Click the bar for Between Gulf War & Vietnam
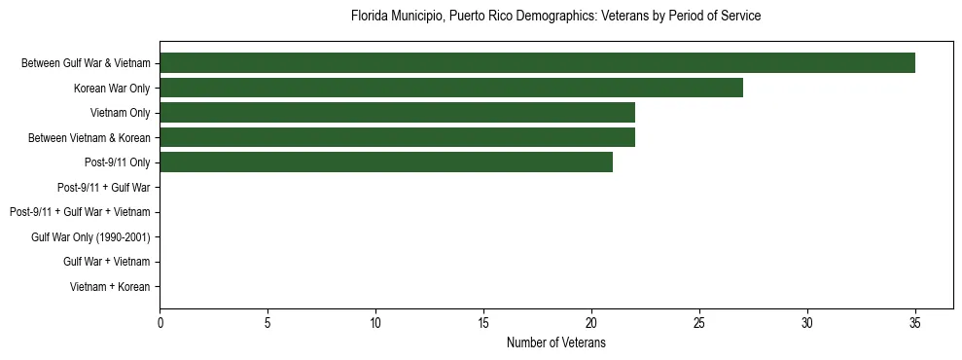pyautogui.click(x=537, y=63)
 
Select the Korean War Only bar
pyautogui.click(x=451, y=88)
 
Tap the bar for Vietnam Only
pyautogui.click(x=397, y=113)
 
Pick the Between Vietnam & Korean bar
pyautogui.click(x=397, y=137)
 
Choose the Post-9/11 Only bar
pyautogui.click(x=386, y=162)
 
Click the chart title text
pyautogui.click(x=555, y=17)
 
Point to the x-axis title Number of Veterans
pyautogui.click(x=555, y=342)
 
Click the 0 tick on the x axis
pyautogui.click(x=160, y=323)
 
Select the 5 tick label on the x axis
pyautogui.click(x=267, y=323)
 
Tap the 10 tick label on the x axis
pyautogui.click(x=375, y=323)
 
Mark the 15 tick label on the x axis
pyautogui.click(x=483, y=323)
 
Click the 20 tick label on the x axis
pyautogui.click(x=591, y=323)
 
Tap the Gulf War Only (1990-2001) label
pyautogui.click(x=90, y=236)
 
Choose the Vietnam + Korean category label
pyautogui.click(x=110, y=286)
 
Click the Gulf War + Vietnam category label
pyautogui.click(x=107, y=262)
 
